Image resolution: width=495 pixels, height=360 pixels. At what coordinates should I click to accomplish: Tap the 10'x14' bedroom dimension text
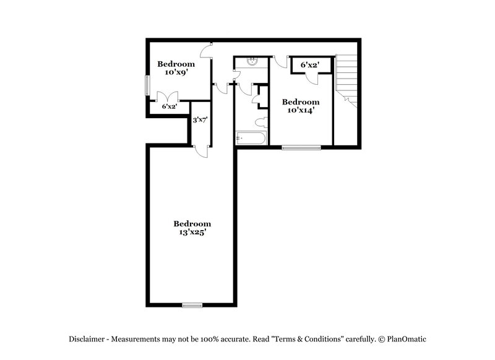(301, 111)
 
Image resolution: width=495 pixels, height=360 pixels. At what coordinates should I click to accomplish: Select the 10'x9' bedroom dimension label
(176, 72)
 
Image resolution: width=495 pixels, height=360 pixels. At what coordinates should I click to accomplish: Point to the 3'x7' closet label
(199, 120)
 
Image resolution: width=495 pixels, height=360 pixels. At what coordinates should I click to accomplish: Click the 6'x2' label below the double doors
(170, 106)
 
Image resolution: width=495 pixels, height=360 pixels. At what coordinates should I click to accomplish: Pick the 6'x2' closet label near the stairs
(309, 64)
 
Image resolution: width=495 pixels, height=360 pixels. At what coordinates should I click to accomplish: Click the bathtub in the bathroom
(251, 139)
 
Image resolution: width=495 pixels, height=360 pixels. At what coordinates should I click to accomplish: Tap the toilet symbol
(260, 122)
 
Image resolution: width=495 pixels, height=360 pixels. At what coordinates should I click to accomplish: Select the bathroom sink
(252, 61)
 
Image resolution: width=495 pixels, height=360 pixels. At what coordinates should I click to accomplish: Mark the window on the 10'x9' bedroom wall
(147, 85)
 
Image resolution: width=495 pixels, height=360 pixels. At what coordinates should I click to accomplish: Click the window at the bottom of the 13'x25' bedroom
(192, 304)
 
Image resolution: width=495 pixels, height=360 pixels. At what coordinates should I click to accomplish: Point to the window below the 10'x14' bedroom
(301, 147)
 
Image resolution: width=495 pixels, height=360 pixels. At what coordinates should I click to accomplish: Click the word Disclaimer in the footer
(88, 339)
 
